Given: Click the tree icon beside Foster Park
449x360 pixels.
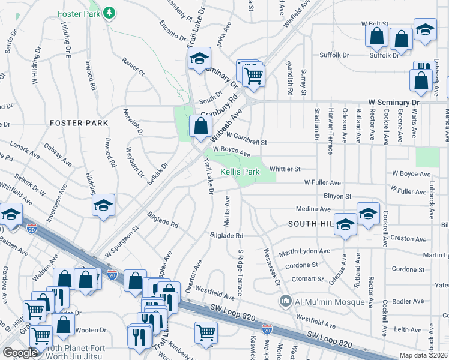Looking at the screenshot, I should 109,13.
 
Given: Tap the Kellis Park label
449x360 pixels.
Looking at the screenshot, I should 240,172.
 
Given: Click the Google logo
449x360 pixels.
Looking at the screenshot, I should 20,353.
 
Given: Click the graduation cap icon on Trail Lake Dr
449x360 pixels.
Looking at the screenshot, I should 199,59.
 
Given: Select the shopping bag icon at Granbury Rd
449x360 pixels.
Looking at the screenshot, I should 200,127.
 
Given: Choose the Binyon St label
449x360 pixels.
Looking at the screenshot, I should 337,196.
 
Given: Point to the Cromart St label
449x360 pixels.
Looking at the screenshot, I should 308,279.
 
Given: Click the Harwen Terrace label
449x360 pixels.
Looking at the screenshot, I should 330,130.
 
